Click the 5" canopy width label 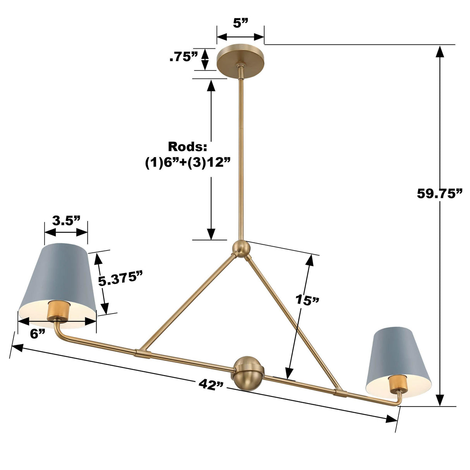point(240,23)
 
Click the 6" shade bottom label point(38,334)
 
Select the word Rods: point(187,147)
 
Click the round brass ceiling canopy point(240,62)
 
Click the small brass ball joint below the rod point(240,249)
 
